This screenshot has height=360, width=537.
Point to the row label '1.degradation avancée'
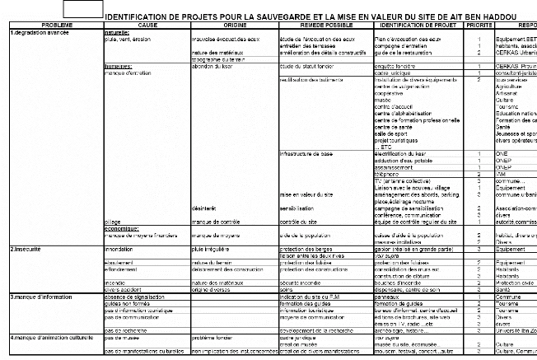click(35, 32)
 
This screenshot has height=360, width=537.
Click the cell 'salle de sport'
click(394, 133)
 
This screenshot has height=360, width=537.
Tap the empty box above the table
click(82, 10)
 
